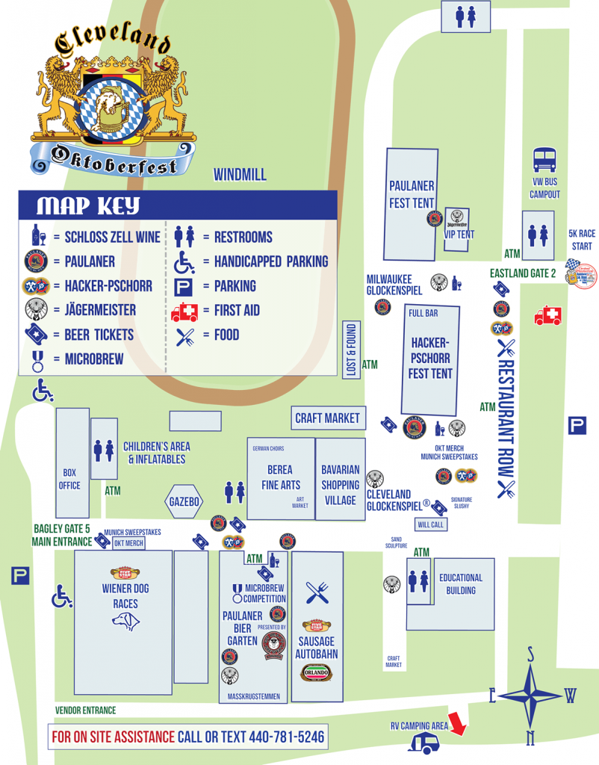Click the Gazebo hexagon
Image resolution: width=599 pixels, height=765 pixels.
[183, 502]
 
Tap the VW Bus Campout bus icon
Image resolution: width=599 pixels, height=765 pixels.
[544, 160]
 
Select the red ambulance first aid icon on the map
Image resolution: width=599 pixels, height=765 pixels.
[547, 316]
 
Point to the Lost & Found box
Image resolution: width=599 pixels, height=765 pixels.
[351, 350]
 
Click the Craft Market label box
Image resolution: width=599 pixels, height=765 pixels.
[327, 418]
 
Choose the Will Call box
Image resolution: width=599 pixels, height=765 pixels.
[431, 524]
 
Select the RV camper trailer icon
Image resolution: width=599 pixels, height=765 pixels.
[425, 742]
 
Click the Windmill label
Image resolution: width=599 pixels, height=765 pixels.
[240, 176]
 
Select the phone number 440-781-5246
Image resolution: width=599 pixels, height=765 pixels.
[287, 737]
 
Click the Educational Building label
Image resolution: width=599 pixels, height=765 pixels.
[461, 583]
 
